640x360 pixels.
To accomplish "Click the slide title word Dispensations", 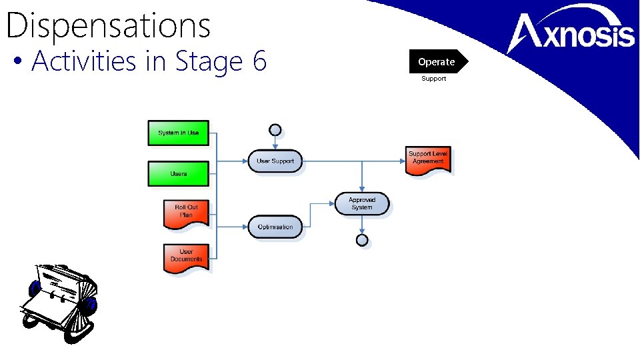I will pyautogui.click(x=108, y=25).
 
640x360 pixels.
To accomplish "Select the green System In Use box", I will pyautogui.click(x=178, y=133).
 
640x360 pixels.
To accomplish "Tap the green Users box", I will pyautogui.click(x=178, y=173).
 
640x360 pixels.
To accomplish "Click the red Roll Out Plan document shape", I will pyautogui.click(x=186, y=212).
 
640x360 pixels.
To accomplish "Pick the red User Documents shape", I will pyautogui.click(x=186, y=256).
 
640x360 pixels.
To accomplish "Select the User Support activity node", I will pyautogui.click(x=275, y=161).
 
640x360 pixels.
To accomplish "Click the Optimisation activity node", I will pyautogui.click(x=275, y=227).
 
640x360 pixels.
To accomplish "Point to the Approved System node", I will pyautogui.click(x=362, y=203).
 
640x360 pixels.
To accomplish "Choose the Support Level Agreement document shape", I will pyautogui.click(x=428, y=159).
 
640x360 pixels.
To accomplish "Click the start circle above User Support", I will pyautogui.click(x=275, y=130).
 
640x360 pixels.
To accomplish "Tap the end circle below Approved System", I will pyautogui.click(x=362, y=240).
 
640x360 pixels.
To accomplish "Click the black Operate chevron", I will pyautogui.click(x=437, y=61).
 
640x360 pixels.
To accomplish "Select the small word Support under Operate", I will pyautogui.click(x=433, y=79).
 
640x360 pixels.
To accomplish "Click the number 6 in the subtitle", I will pyautogui.click(x=259, y=61).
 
